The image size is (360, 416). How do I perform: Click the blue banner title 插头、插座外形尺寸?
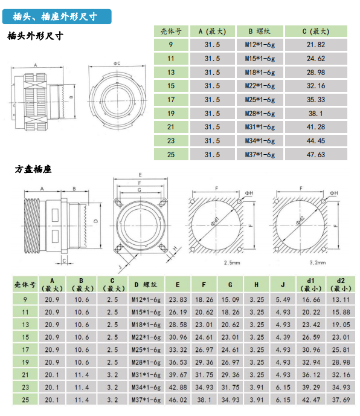click(55, 17)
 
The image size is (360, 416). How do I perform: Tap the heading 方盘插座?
click(33, 169)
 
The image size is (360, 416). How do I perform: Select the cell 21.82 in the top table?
click(316, 45)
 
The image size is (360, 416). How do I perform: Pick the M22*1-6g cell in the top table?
click(260, 86)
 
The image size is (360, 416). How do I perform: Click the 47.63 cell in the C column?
click(316, 155)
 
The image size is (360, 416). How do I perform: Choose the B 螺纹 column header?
click(260, 31)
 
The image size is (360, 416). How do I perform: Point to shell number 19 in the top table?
click(171, 114)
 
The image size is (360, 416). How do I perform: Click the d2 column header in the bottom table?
click(341, 285)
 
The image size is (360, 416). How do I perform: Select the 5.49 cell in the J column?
click(283, 300)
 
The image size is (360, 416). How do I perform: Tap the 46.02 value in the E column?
click(178, 400)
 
